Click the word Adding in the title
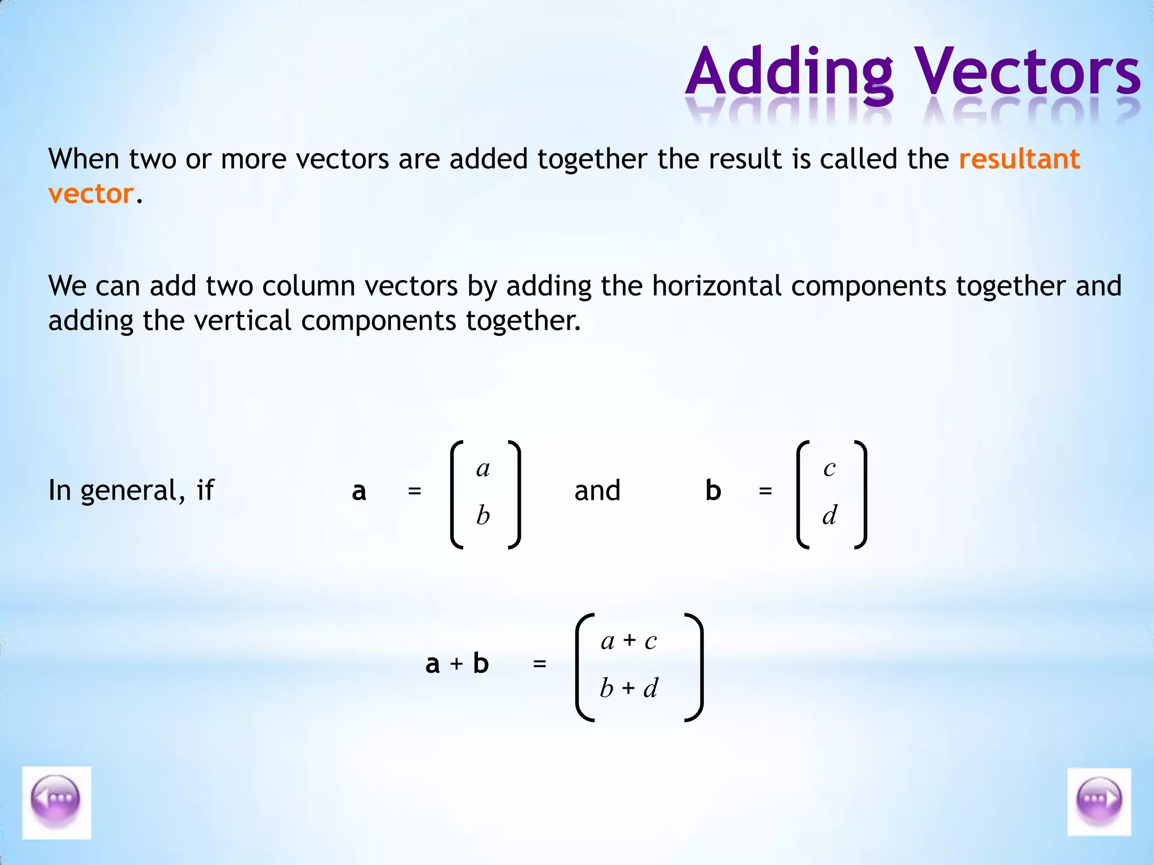coord(789,73)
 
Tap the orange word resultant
coord(1019,159)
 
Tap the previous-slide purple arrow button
coord(56,802)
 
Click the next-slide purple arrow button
coord(1099,801)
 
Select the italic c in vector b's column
coord(829,469)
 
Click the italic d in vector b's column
coord(829,515)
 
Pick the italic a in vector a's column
coord(483,469)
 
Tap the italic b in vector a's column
coord(483,515)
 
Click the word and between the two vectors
coord(597,491)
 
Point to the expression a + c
coord(629,641)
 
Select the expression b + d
coord(629,688)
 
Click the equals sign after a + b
coord(539,665)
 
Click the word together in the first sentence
coord(592,159)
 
